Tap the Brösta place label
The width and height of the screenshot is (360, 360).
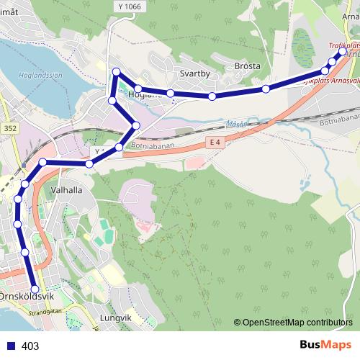247,66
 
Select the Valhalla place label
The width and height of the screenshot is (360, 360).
67,190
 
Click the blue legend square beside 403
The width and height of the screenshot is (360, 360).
10,346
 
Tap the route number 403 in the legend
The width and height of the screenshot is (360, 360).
30,346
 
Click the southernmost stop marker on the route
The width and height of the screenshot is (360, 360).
35,289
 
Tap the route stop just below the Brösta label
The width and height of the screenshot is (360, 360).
266,89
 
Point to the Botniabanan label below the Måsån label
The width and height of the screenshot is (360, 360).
153,144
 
